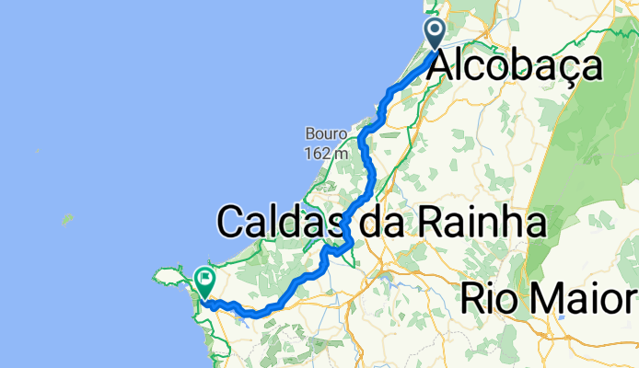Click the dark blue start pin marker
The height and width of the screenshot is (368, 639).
point(435,33)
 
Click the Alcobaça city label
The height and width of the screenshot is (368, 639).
point(516,66)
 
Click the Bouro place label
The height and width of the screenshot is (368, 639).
point(327,134)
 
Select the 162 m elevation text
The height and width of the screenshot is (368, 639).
point(327,153)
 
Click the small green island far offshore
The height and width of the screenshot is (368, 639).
point(66,220)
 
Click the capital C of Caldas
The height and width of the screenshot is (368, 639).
point(232,223)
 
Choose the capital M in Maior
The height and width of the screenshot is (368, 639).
point(552,298)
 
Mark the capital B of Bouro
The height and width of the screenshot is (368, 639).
point(311,134)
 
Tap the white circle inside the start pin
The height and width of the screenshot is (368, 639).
point(435,29)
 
